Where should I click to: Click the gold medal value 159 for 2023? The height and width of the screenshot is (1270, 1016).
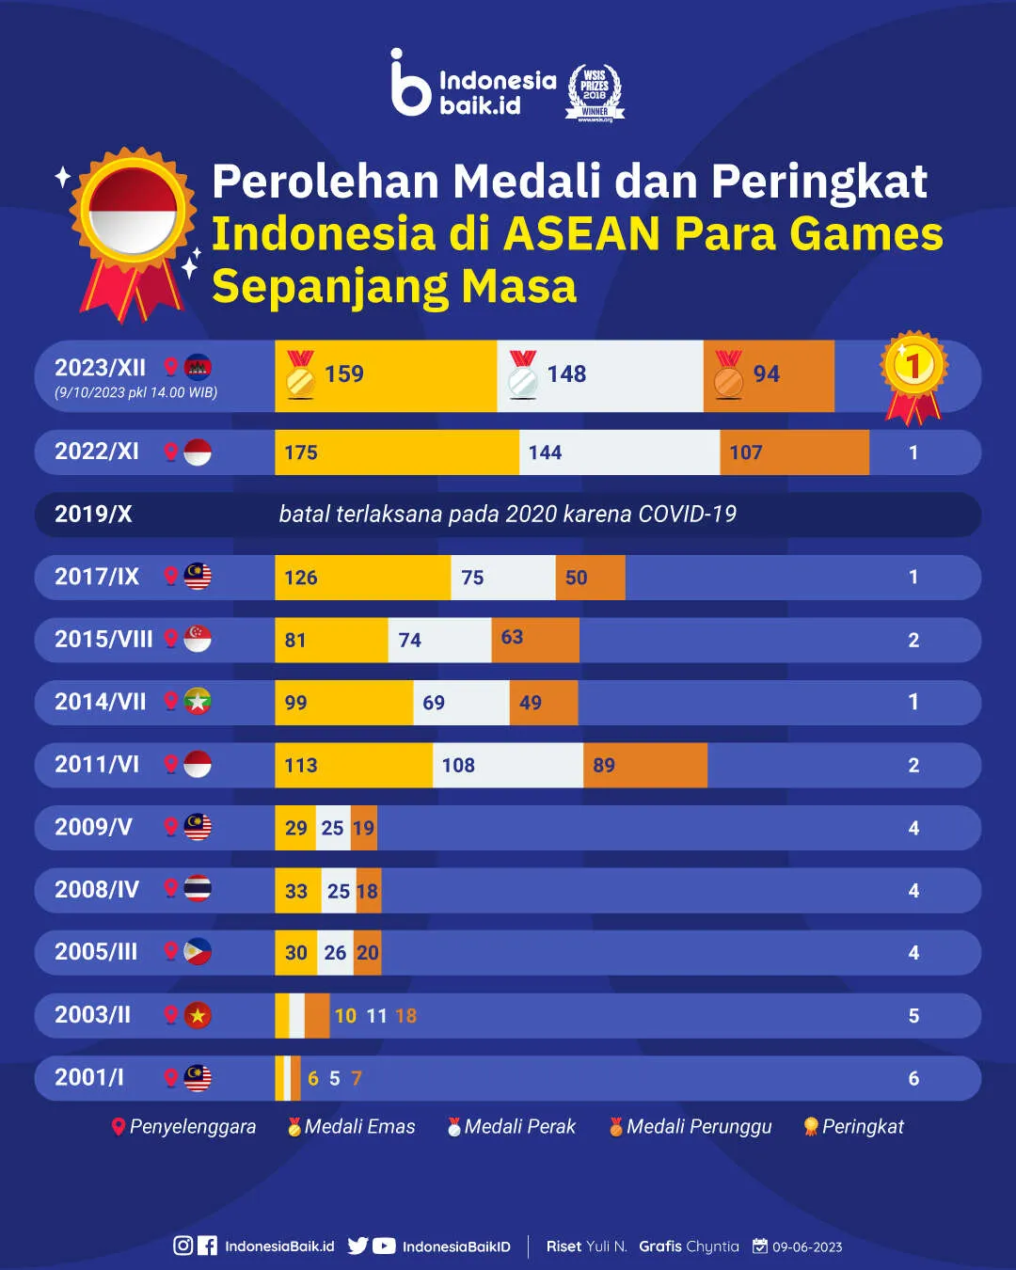click(x=343, y=374)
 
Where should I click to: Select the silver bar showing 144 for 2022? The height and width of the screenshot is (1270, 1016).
click(x=619, y=452)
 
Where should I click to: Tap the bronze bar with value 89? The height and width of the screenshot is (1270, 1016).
click(x=645, y=765)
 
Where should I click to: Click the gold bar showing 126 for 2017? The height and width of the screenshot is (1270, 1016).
click(x=362, y=578)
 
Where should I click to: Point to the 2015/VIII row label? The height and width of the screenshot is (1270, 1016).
click(x=103, y=640)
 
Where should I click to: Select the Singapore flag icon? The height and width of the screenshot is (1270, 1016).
click(x=198, y=639)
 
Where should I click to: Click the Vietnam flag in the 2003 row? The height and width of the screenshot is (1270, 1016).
click(x=198, y=1016)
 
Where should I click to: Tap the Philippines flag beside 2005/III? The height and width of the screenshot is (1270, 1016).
click(x=198, y=952)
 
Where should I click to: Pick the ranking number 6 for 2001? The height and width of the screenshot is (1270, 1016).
click(x=913, y=1079)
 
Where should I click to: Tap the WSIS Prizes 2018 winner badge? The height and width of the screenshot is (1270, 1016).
click(x=595, y=92)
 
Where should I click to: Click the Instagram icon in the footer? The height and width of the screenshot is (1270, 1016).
click(x=183, y=1246)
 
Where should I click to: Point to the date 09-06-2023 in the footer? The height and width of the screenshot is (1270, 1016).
click(x=806, y=1246)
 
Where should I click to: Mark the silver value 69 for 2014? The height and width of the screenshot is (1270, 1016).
click(x=434, y=703)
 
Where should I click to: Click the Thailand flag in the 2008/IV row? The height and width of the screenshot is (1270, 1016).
click(x=198, y=889)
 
